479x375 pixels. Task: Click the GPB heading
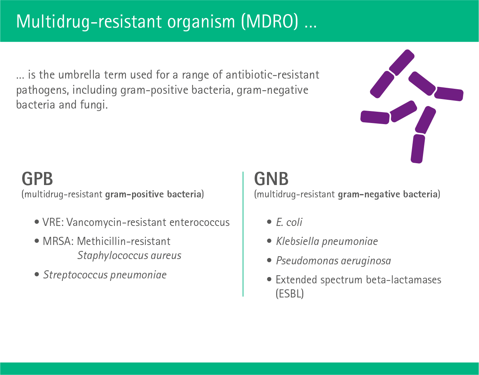tap(37, 179)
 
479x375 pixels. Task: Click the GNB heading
tap(271, 179)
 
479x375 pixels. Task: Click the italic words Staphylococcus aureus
tap(129, 256)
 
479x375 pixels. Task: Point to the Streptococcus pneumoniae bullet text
tap(105, 275)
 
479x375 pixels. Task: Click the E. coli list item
tap(289, 223)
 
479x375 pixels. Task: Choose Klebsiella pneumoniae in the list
tap(327, 242)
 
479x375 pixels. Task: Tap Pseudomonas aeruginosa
tap(333, 261)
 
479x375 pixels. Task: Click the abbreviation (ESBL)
tap(290, 294)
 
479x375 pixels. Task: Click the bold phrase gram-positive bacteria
tap(153, 195)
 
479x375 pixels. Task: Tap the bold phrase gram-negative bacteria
tap(387, 195)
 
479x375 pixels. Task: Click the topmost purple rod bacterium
tap(402, 63)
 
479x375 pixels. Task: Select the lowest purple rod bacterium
tap(418, 149)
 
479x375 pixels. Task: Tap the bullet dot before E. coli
tap(269, 222)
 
